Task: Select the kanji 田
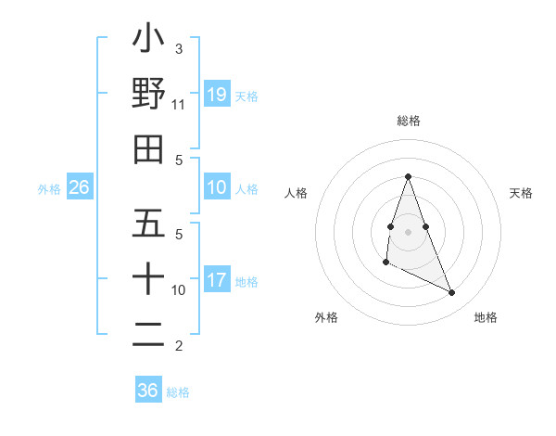(149, 148)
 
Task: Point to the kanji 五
(149, 224)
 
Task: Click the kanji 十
(149, 279)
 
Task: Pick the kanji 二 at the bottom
(149, 334)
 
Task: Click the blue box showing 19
(217, 94)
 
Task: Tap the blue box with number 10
(217, 187)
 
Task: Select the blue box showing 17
(217, 280)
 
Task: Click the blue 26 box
(80, 187)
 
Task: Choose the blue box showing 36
(148, 391)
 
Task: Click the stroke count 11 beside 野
(178, 104)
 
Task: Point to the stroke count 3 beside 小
(178, 48)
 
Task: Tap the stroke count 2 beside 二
(178, 346)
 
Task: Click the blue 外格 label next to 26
(49, 188)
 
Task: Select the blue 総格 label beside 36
(178, 391)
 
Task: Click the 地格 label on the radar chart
(486, 317)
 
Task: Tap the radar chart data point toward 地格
(451, 293)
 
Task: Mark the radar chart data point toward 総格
(408, 176)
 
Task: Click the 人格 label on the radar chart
(297, 193)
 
